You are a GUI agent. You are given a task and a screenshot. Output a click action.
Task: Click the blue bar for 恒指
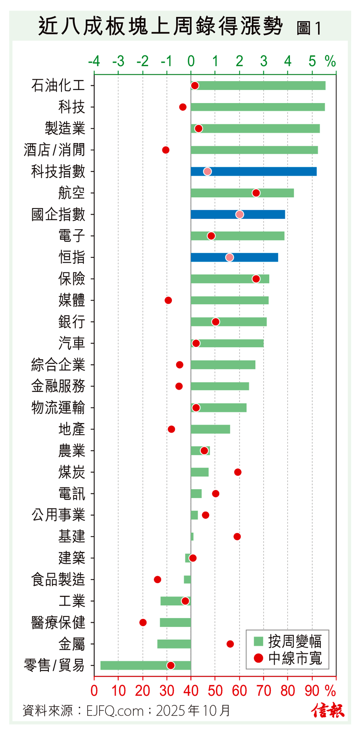pos(234,257)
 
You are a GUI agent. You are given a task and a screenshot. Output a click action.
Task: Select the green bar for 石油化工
pos(258,85)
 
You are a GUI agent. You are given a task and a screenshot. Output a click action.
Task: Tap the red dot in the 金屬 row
pos(230,644)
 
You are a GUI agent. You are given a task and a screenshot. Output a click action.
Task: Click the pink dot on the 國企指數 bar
pos(239,214)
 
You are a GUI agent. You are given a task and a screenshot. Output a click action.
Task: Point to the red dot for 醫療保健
pos(143,623)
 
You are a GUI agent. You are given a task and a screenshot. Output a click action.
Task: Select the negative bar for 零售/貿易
pos(146,665)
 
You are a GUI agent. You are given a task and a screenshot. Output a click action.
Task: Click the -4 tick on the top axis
pos(94,62)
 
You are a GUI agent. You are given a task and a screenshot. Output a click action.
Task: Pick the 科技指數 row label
pos(58,172)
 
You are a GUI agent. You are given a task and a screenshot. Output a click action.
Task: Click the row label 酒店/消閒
pos(54,150)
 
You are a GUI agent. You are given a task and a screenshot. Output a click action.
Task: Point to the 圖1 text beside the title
pos(309,28)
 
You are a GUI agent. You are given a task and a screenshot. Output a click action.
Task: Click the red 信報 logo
pos(328,710)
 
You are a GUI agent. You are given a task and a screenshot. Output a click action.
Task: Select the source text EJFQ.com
pos(115,711)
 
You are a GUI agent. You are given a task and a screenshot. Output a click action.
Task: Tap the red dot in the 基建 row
pos(237,536)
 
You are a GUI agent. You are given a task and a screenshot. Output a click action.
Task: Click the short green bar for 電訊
pos(196,494)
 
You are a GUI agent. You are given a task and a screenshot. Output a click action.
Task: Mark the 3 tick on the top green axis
pos(264,62)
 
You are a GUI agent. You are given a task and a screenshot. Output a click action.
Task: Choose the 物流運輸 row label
pos(58,408)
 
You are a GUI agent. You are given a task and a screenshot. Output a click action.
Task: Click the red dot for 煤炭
pos(238,472)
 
